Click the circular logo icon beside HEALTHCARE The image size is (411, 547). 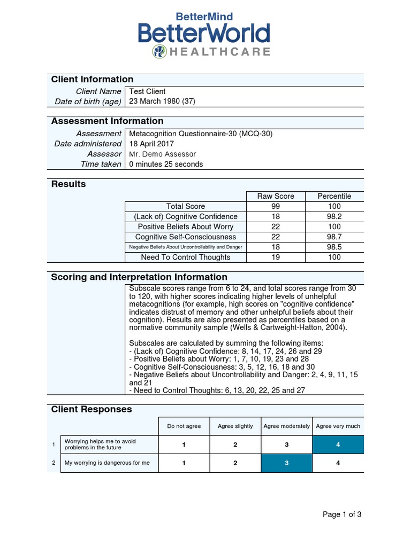[x=159, y=52]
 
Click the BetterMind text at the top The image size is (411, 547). [x=204, y=17]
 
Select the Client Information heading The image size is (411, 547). [x=92, y=80]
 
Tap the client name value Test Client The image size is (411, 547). [x=148, y=91]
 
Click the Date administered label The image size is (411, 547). [x=88, y=144]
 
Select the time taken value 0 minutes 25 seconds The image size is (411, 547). [x=166, y=164]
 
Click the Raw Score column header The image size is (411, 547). [x=276, y=196]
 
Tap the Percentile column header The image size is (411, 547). [x=334, y=196]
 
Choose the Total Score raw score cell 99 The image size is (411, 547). [x=276, y=206]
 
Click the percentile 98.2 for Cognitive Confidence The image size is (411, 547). [x=334, y=216]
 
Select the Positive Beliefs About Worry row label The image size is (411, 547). [x=186, y=226]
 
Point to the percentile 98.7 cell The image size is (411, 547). [x=334, y=237]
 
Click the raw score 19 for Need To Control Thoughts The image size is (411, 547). [x=276, y=257]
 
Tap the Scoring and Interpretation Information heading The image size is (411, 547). [x=139, y=277]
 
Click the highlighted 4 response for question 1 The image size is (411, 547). [x=338, y=444]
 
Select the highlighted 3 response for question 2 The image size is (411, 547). [x=287, y=463]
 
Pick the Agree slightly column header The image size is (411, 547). [x=235, y=426]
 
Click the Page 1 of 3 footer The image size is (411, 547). [x=342, y=514]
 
